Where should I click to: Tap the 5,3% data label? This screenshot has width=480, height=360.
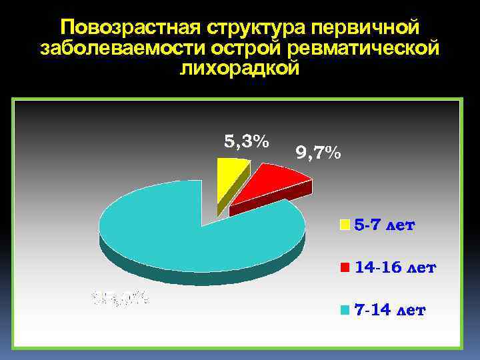(246, 141)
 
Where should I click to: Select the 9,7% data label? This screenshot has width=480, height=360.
(318, 154)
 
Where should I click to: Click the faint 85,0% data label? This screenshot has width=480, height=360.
(121, 297)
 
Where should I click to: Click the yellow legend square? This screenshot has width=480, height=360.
(345, 225)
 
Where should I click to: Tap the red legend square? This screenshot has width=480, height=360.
(345, 268)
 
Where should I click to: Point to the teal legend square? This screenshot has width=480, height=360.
(345, 311)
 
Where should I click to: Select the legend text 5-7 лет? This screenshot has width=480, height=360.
(384, 225)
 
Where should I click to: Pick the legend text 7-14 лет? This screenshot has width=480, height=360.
(390, 311)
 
